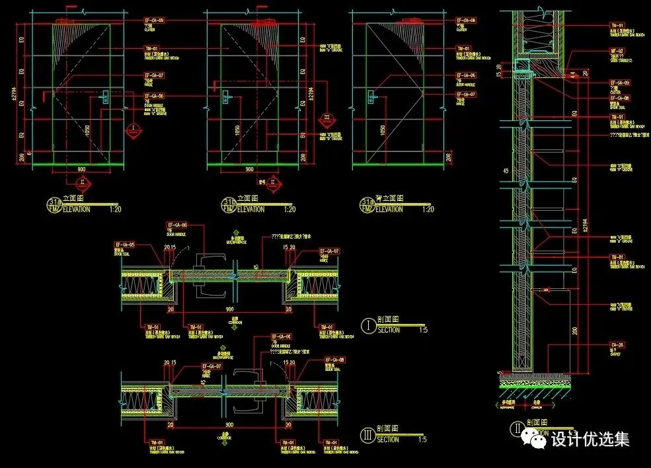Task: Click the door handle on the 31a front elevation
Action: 105,98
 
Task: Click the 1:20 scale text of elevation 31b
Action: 289,210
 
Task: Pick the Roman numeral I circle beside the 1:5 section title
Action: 368,325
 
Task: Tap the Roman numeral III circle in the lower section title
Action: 368,435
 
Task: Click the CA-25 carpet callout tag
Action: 617,344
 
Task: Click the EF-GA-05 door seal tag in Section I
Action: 125,245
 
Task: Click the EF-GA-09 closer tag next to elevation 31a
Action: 154,21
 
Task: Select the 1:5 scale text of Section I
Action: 422,331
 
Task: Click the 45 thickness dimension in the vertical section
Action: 506,171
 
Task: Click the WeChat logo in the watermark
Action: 532,437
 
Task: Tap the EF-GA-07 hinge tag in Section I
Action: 329,251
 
